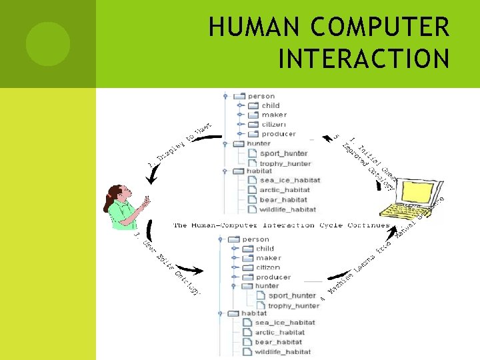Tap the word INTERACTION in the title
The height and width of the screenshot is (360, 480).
[x=363, y=59]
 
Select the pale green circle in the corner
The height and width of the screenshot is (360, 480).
[x=48, y=43]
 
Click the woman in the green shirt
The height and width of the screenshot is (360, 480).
[x=125, y=207]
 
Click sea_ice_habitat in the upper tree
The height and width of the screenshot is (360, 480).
[x=290, y=180]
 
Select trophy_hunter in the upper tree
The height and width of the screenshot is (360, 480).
[x=285, y=163]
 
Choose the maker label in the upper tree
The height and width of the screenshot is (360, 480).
[x=274, y=115]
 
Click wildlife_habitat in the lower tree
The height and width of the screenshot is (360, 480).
[x=283, y=351]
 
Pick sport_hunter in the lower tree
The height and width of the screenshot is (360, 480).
[x=292, y=295]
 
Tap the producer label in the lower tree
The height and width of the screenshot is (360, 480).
[x=273, y=277]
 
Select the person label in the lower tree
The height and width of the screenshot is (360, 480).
[x=256, y=239]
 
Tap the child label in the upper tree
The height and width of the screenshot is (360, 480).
[x=271, y=105]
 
